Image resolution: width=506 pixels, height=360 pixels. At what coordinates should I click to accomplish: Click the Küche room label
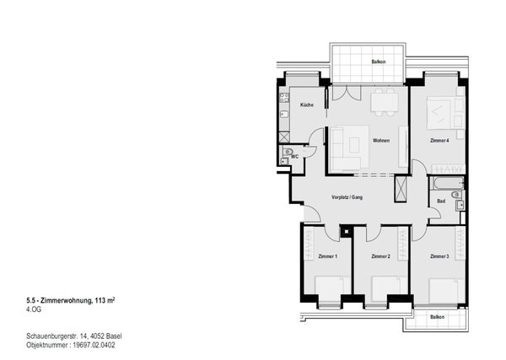coord(307,105)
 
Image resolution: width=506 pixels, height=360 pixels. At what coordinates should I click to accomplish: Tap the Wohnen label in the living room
coord(381,140)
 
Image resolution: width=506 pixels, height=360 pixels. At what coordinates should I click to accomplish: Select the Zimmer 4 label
coord(439,140)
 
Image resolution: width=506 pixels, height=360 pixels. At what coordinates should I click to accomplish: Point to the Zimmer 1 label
coord(327,256)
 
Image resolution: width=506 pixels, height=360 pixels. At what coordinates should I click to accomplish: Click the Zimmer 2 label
coord(381,256)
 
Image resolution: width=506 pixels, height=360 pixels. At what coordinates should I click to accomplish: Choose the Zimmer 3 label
coord(439,256)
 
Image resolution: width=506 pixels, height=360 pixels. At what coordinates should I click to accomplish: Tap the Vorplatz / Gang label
coord(347,197)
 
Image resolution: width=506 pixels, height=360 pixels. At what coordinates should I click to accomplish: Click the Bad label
coord(441,201)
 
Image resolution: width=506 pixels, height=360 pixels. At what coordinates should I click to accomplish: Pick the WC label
coord(294,157)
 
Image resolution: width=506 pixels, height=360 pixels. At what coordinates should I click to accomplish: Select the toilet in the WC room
coord(288,151)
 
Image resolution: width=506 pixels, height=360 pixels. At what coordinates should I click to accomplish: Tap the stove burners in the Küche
coord(284,98)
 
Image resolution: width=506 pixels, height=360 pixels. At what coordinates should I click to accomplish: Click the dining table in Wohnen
coord(385,102)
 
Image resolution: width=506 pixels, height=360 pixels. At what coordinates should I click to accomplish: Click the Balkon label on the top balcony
coord(378,62)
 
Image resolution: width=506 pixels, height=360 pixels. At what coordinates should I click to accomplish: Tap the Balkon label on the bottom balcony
coord(437,317)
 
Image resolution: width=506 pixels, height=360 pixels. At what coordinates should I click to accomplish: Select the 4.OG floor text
coord(34,310)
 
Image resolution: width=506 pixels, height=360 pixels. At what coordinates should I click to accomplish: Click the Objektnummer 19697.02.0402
coord(71,345)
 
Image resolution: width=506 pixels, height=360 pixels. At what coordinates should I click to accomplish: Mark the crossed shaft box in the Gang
coord(401,189)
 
